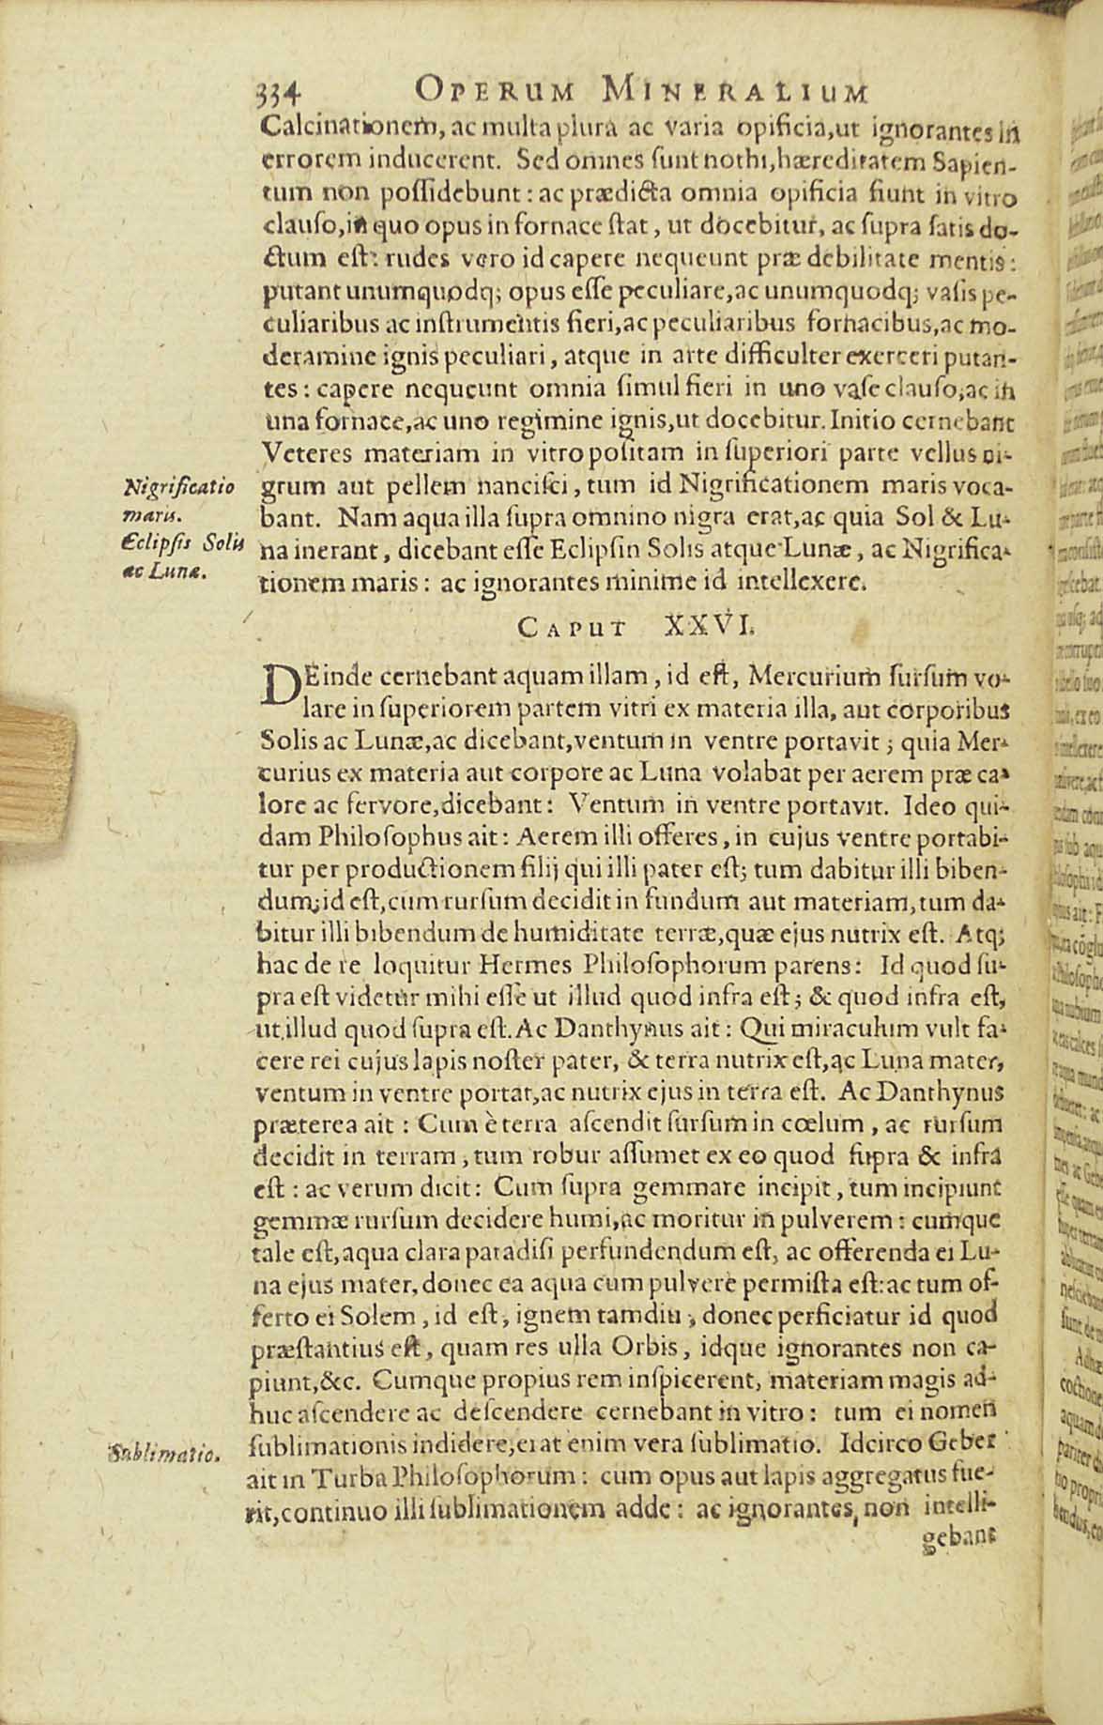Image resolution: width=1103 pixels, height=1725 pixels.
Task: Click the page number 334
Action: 277,92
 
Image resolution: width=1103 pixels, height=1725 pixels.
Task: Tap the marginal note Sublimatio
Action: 163,1456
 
